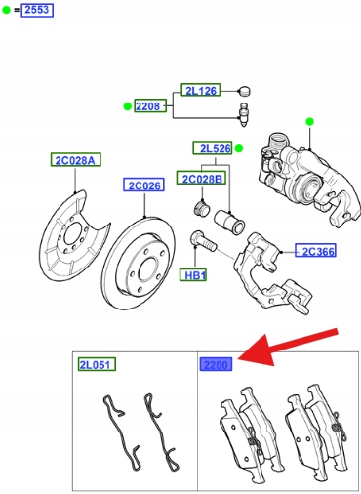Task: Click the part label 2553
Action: click(37, 10)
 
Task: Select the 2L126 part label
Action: click(201, 90)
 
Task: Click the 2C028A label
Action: click(76, 160)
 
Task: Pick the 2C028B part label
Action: click(201, 178)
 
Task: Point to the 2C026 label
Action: click(143, 185)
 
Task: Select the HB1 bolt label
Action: click(193, 275)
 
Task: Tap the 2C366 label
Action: click(315, 250)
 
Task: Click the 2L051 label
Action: click(97, 364)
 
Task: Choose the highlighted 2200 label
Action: click(216, 364)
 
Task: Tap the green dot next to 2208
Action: click(127, 106)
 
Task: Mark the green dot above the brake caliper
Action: click(309, 122)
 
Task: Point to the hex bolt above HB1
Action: click(203, 241)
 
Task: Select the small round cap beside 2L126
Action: click(244, 91)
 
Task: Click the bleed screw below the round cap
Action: click(244, 114)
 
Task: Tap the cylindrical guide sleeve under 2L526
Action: click(229, 222)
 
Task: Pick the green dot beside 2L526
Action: click(239, 148)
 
